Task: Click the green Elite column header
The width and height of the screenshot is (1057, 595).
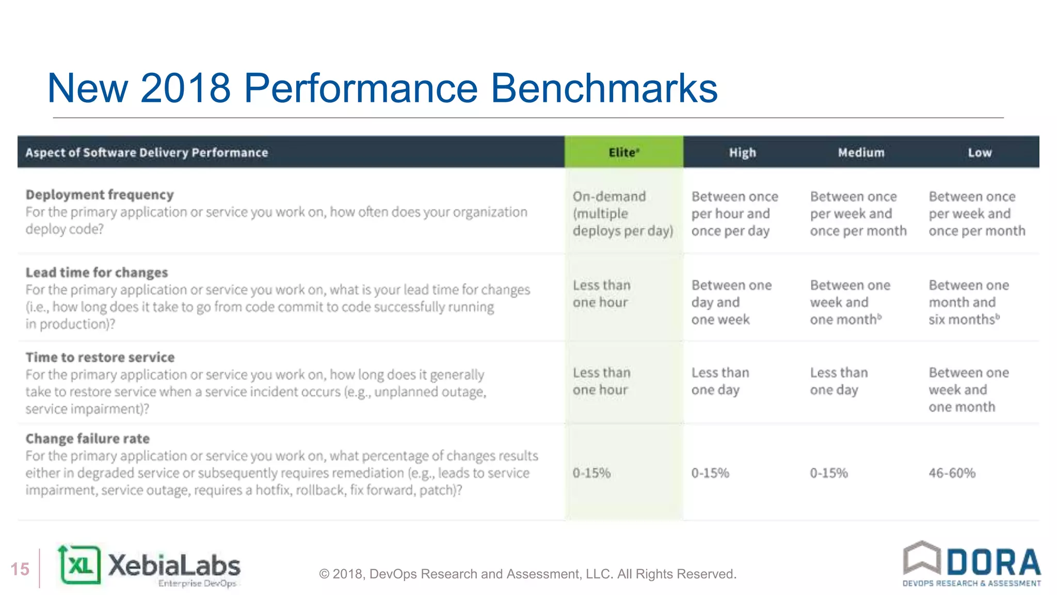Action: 623,152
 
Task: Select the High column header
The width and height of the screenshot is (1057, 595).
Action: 742,152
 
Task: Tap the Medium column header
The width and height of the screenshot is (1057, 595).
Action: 861,152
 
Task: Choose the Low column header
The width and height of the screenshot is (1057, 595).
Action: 980,152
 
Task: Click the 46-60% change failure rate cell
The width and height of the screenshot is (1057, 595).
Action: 952,473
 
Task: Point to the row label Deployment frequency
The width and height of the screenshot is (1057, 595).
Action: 100,195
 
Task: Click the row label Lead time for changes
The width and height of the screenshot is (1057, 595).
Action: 97,272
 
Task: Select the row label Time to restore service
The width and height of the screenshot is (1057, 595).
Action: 100,357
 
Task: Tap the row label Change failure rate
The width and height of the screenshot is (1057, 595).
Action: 88,439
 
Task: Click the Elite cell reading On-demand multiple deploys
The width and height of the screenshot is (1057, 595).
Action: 622,213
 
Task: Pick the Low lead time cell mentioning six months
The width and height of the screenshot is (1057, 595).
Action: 968,302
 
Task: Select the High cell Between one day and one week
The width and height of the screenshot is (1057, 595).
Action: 731,302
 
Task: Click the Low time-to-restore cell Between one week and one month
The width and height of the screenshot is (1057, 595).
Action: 968,389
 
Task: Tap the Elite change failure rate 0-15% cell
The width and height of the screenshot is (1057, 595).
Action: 591,473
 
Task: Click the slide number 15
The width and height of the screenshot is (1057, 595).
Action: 20,569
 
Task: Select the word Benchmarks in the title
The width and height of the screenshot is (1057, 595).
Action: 603,88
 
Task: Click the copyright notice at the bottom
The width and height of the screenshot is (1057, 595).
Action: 527,574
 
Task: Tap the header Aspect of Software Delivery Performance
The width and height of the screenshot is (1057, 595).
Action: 147,152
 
